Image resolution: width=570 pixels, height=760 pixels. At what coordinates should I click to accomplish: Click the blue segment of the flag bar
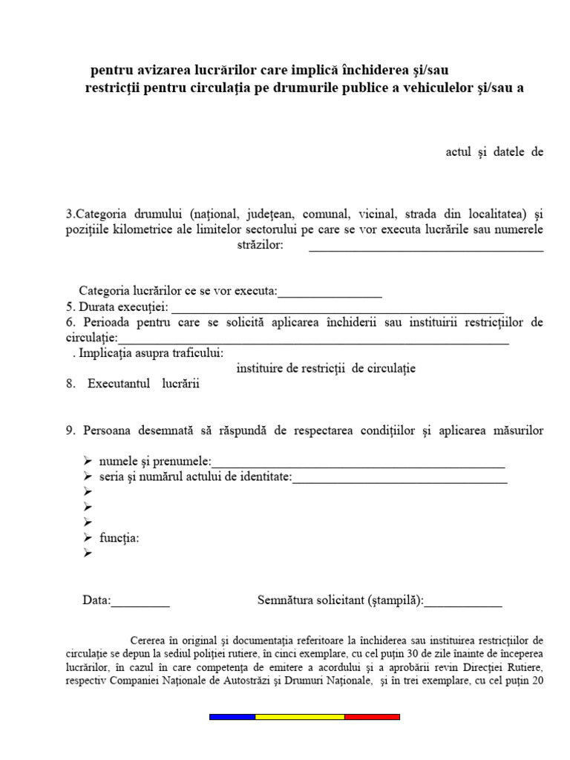[232, 717]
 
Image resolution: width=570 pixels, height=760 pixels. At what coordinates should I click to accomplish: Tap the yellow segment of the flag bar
[299, 717]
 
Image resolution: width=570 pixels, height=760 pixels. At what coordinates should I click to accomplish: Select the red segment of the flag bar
[372, 717]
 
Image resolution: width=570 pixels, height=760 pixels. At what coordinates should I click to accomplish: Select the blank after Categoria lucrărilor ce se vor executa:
[330, 292]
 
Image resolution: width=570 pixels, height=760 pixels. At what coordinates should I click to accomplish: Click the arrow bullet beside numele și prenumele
[88, 462]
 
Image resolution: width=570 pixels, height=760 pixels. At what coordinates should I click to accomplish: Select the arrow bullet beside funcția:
[88, 537]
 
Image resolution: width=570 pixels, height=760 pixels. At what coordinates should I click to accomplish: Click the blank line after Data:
[140, 601]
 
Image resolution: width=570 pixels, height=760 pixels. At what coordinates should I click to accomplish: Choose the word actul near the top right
[459, 152]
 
